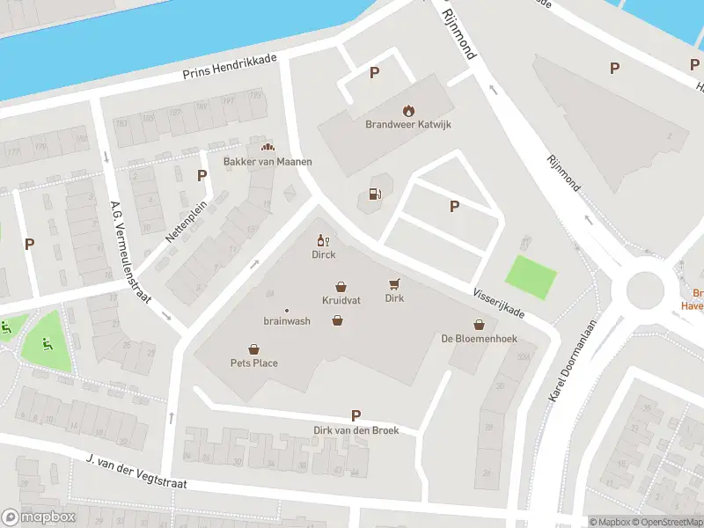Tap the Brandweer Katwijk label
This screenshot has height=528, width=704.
click(x=407, y=124)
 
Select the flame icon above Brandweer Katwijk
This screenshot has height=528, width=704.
click(x=407, y=110)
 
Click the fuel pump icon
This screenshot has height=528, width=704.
click(x=375, y=194)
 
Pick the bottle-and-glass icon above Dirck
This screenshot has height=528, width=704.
click(x=323, y=240)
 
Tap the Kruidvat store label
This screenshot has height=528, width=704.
click(x=341, y=300)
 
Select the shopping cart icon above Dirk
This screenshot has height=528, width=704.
click(x=394, y=283)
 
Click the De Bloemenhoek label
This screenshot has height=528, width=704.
click(x=479, y=339)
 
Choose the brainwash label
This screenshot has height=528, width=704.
click(x=286, y=321)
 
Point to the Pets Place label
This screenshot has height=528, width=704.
click(x=254, y=363)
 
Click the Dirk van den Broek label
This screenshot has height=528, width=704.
click(x=356, y=430)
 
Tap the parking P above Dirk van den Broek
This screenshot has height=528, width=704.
click(x=356, y=415)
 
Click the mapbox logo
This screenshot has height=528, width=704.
click(x=39, y=517)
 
